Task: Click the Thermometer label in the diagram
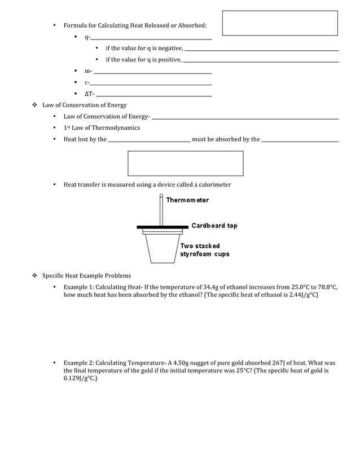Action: tap(187, 200)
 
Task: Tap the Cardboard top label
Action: tap(214, 226)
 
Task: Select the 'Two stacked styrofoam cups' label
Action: tap(204, 250)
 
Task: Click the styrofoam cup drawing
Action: tap(162, 248)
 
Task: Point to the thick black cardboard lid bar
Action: tap(162, 227)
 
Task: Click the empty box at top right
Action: tap(280, 23)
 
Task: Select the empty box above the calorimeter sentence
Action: tap(186, 164)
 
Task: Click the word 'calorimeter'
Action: tap(215, 184)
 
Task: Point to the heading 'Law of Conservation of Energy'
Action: tap(85, 105)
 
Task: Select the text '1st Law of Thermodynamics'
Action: tap(102, 128)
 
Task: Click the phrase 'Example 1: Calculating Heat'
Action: tap(102, 287)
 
